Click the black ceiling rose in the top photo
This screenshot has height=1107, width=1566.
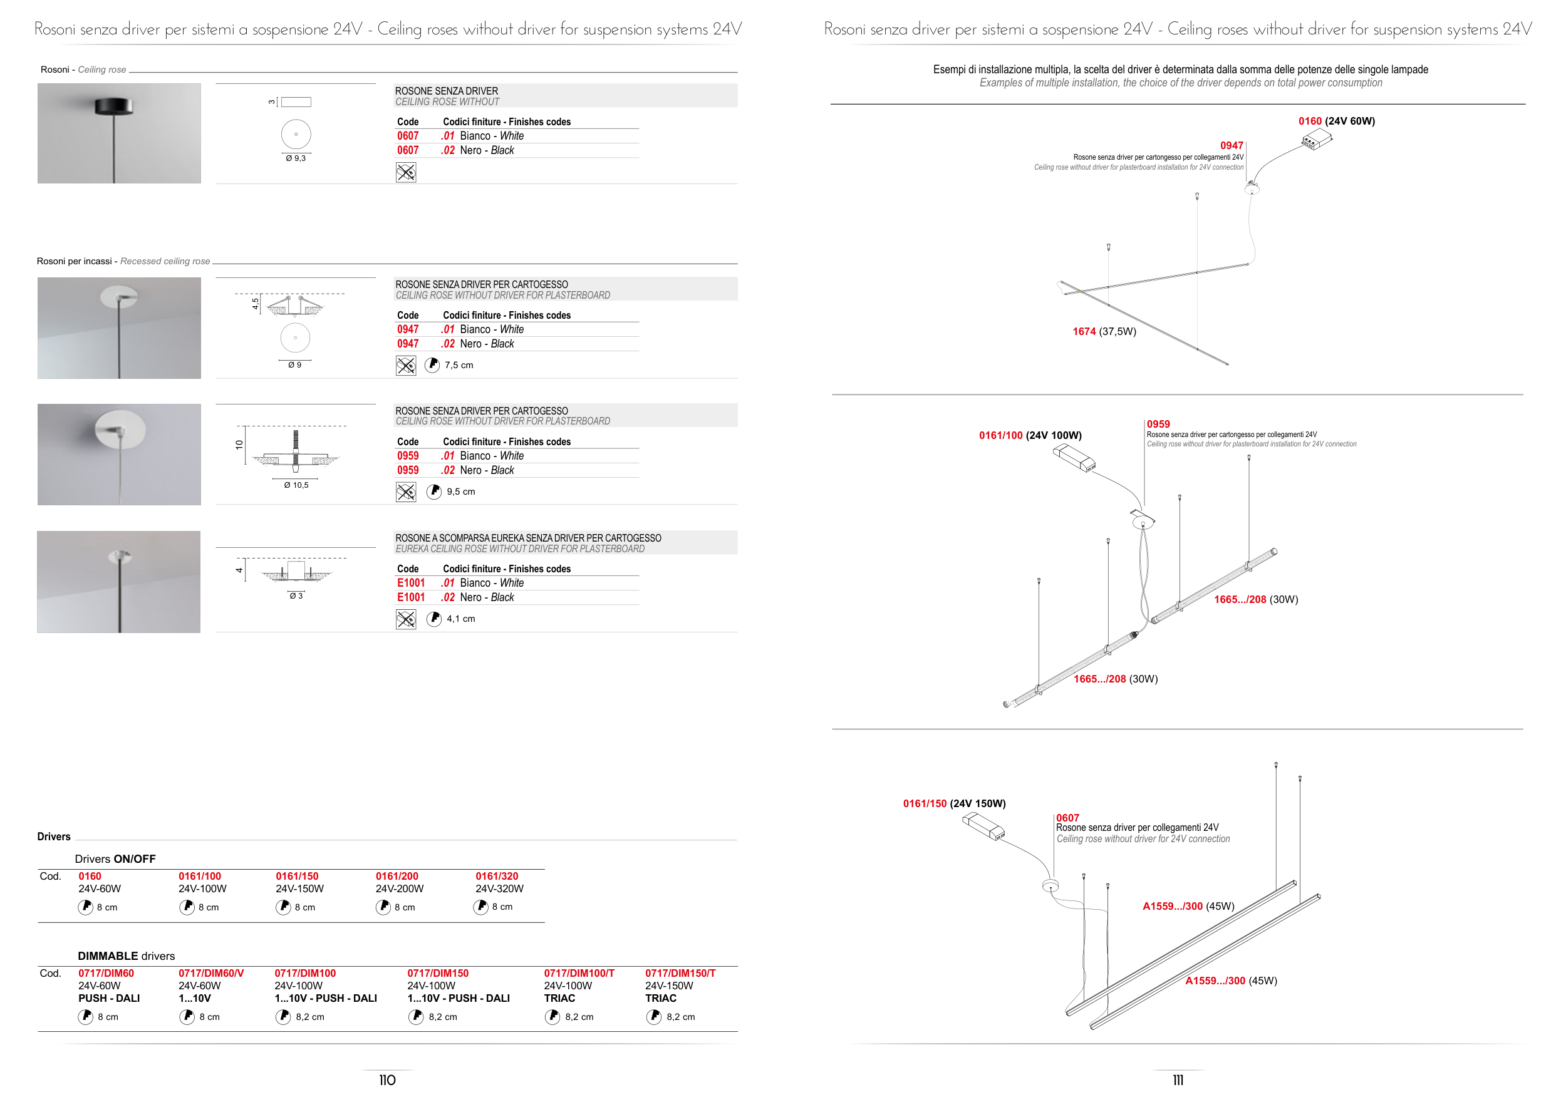[x=114, y=106]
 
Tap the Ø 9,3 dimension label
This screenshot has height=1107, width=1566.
[x=296, y=158]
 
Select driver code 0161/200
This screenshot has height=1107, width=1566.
[x=397, y=876]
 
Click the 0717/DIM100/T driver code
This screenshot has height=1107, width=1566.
[x=579, y=974]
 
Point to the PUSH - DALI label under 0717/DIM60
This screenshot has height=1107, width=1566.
[x=109, y=998]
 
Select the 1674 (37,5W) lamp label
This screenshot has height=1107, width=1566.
[x=1104, y=331]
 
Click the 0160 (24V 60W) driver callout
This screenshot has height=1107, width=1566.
[x=1336, y=121]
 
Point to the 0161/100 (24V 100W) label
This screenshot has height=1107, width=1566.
[x=1030, y=435]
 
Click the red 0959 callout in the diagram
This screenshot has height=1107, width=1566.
[x=1158, y=424]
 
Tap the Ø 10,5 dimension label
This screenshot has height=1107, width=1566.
[x=296, y=485]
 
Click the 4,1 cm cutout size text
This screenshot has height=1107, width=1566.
[x=461, y=619]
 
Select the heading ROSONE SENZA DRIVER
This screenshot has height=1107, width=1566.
[x=447, y=91]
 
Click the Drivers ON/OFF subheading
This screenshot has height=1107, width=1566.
[x=115, y=859]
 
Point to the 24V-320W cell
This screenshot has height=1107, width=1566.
[x=499, y=888]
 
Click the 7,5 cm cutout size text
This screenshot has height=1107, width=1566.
[x=459, y=366]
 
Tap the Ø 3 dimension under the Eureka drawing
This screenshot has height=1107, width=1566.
[x=296, y=595]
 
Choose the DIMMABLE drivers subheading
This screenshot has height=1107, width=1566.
[x=126, y=955]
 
